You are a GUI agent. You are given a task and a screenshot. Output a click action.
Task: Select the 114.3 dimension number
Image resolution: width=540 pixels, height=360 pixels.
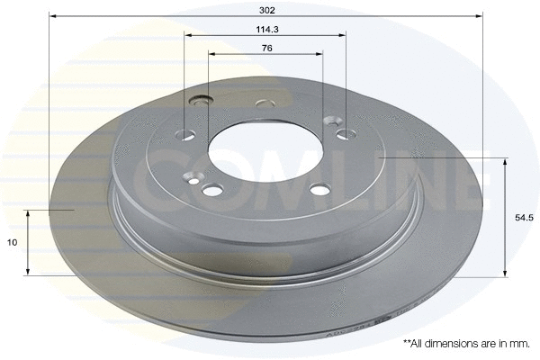point(265,29)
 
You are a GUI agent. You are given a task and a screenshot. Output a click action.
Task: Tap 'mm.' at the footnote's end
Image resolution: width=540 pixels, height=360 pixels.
point(521,344)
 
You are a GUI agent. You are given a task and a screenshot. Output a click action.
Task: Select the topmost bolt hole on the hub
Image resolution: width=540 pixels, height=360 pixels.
point(265,103)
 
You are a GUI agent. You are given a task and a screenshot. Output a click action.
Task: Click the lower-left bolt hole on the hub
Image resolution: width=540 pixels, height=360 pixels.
point(213,189)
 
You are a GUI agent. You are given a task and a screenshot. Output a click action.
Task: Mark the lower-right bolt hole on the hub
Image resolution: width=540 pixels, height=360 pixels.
point(319,189)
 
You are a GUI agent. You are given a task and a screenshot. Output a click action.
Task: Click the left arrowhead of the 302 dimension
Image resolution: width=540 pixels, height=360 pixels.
point(52,15)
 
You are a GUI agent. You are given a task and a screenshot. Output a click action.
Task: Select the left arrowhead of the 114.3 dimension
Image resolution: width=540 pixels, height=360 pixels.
point(188,35)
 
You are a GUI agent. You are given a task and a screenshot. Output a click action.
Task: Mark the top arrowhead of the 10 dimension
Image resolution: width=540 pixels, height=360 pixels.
point(29,215)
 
